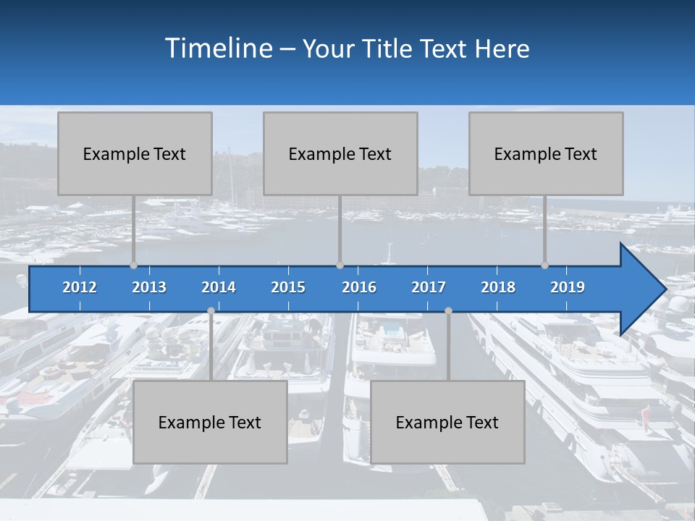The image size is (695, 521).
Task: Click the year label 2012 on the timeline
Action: pos(80,287)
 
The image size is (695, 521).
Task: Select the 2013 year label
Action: pos(149,287)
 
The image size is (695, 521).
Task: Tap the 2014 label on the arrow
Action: pos(219,287)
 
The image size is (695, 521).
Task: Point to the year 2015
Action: pos(288,287)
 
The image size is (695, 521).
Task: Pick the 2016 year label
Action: pos(359,287)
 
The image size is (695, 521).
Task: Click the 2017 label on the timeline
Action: pos(429,287)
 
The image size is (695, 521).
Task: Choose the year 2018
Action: pos(498,287)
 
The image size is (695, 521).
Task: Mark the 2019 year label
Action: pos(568,287)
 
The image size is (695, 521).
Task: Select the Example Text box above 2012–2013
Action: pos(135,153)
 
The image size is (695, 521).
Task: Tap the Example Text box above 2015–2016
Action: pos(340,153)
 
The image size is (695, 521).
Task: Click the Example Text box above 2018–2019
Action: pos(546,153)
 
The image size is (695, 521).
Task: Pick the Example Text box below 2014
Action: pos(210,422)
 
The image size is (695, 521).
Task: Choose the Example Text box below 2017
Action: pos(447,422)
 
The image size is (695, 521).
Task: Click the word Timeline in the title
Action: pos(217,48)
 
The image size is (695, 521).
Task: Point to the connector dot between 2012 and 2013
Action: pos(133,266)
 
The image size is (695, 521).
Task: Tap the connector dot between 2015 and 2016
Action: pos(340,266)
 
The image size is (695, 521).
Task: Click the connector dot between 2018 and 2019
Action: pos(545,266)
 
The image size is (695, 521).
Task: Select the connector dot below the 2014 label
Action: pos(211,310)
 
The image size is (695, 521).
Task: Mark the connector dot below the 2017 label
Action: pos(448,310)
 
